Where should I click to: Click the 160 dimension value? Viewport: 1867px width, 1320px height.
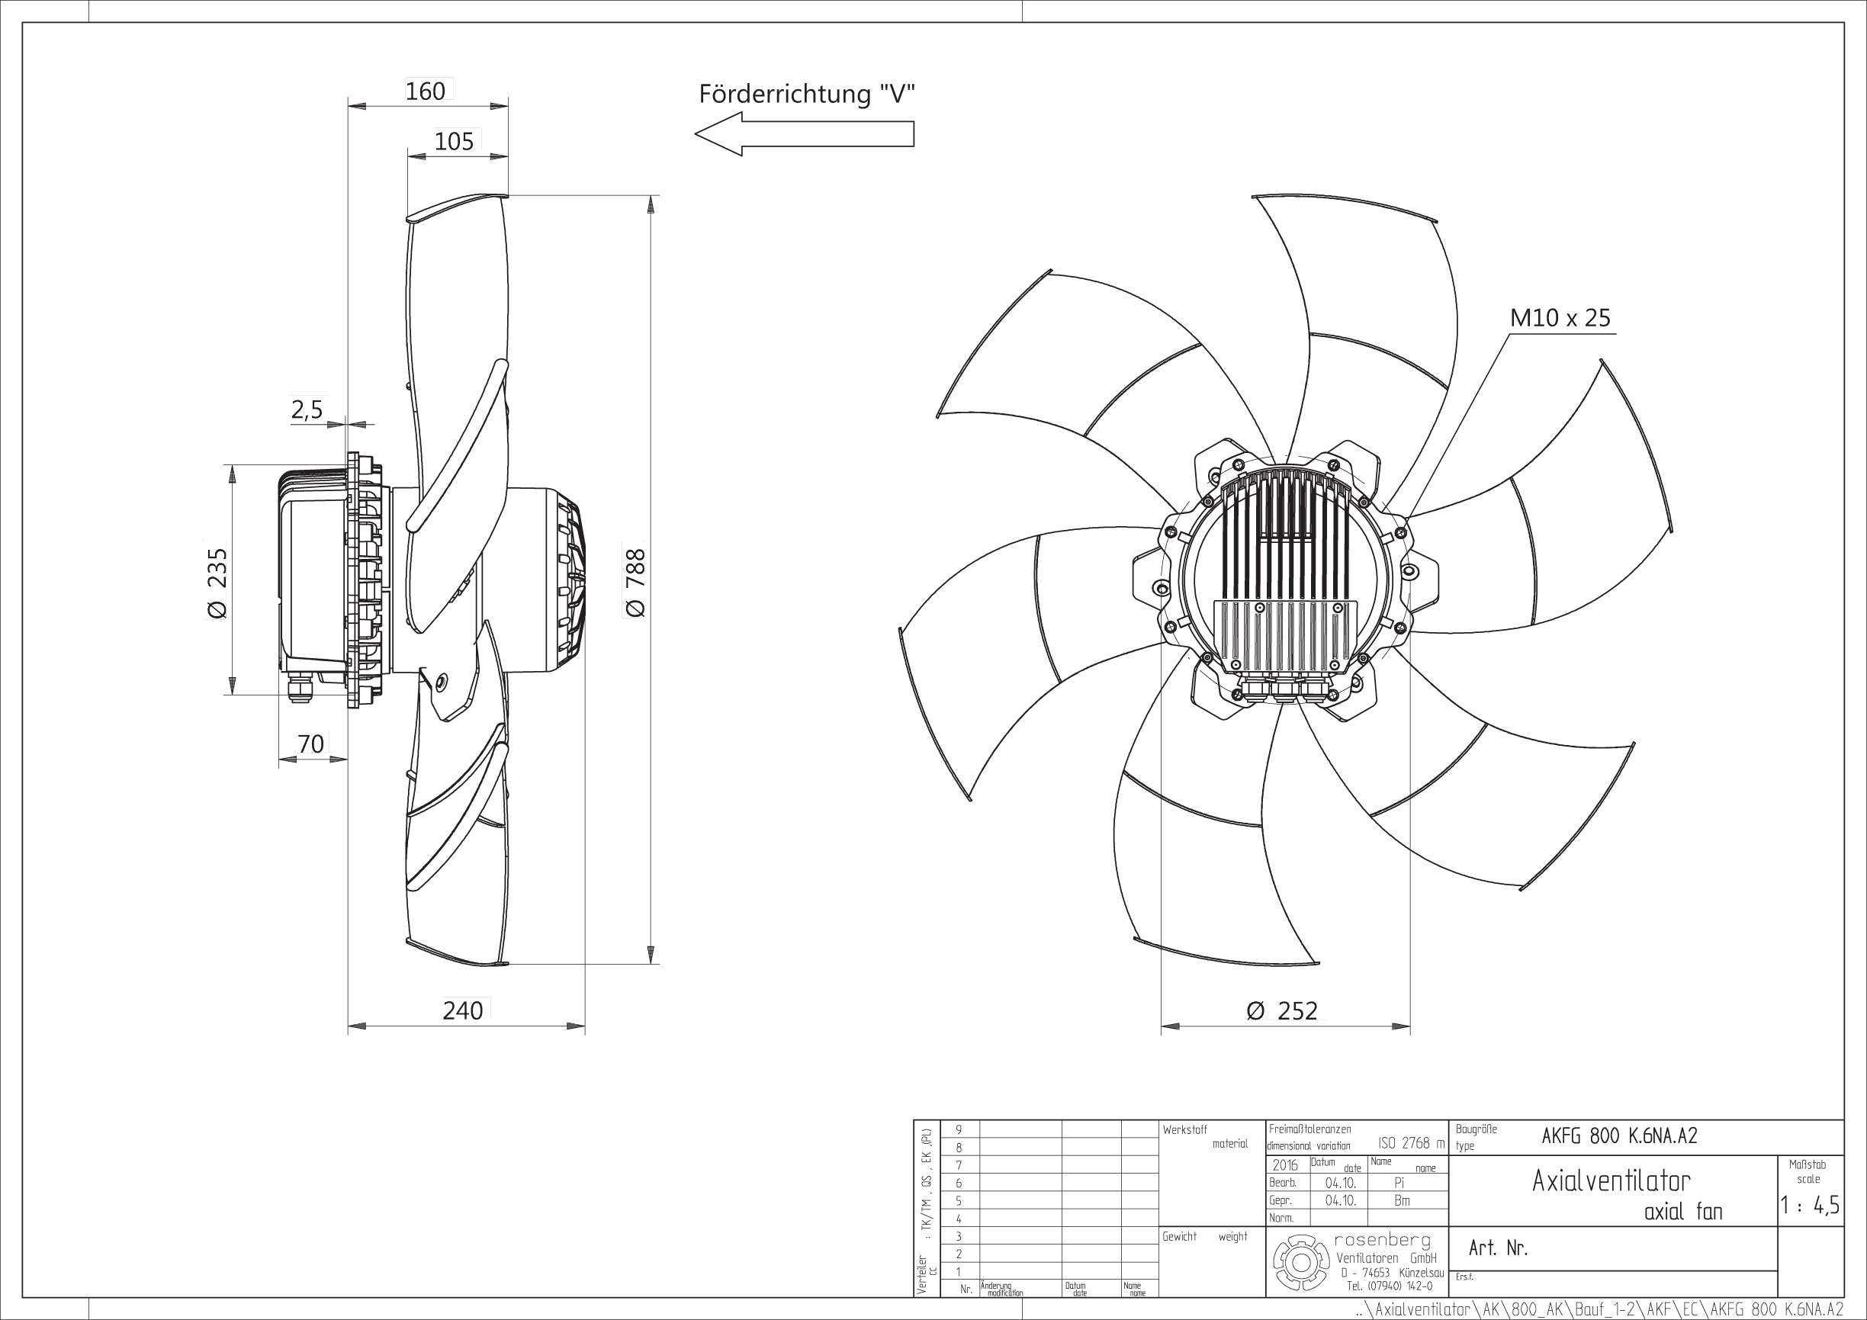coord(426,91)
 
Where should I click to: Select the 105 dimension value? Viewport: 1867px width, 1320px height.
coord(454,141)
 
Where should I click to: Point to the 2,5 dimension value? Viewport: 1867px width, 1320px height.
coord(307,409)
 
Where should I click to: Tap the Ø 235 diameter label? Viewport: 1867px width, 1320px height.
coord(218,583)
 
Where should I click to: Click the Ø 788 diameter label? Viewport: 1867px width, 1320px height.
coord(636,583)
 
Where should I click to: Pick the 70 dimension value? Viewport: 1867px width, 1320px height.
coord(311,744)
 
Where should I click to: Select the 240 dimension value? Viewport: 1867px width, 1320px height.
coord(463,1010)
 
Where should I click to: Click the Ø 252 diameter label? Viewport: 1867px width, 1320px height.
coord(1281,1010)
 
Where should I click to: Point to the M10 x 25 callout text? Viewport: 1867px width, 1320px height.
coord(1560,318)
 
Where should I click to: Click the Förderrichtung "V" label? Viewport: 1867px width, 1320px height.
coord(807,95)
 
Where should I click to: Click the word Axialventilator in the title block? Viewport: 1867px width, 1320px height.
coord(1611,1181)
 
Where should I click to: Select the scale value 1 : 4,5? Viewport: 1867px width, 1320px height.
coord(1809,1206)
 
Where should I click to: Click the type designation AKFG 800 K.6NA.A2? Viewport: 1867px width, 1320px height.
coord(1619,1136)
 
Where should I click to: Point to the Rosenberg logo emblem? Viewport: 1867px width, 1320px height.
coord(1301,1262)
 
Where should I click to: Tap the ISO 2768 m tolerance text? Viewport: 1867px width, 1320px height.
coord(1412,1144)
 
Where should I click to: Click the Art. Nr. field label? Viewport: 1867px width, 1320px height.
coord(1498,1248)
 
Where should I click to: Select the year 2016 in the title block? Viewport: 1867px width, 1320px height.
coord(1286,1165)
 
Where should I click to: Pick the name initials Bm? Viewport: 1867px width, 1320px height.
coord(1402,1200)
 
